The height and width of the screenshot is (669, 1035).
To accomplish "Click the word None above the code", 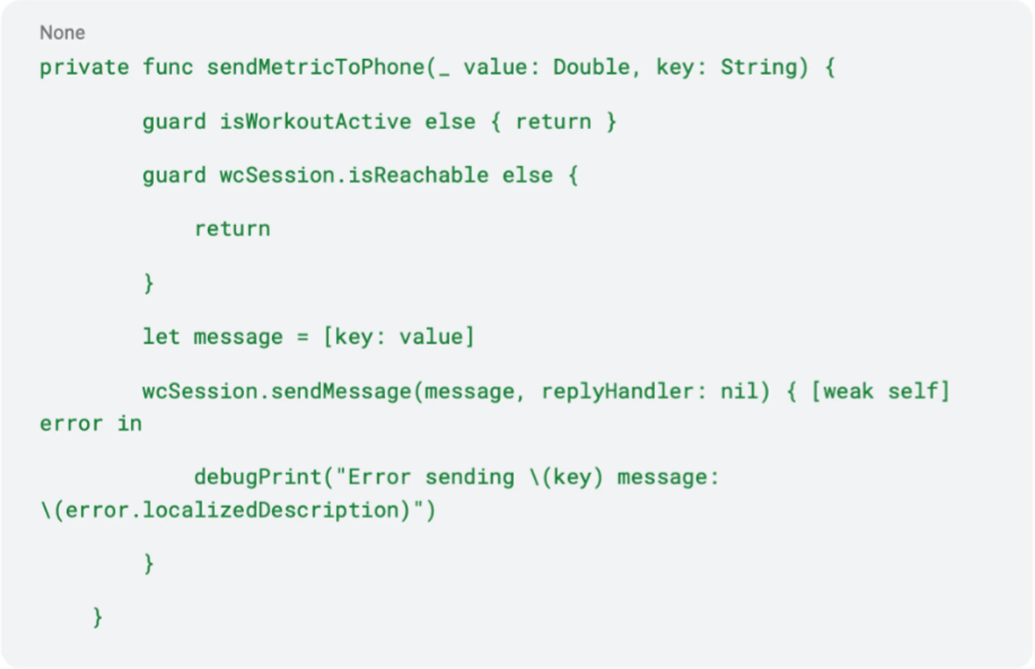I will [62, 33].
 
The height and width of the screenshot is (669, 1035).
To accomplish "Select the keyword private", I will [84, 67].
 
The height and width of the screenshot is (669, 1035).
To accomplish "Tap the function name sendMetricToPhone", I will [315, 67].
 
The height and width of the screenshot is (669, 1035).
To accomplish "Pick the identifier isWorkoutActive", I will [315, 122].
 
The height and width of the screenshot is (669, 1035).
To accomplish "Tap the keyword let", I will [161, 337].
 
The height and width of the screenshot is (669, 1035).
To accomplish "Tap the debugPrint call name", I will [257, 477].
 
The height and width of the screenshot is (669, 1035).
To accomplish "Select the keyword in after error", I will [129, 424].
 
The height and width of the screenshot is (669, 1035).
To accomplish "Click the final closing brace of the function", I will [98, 617].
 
